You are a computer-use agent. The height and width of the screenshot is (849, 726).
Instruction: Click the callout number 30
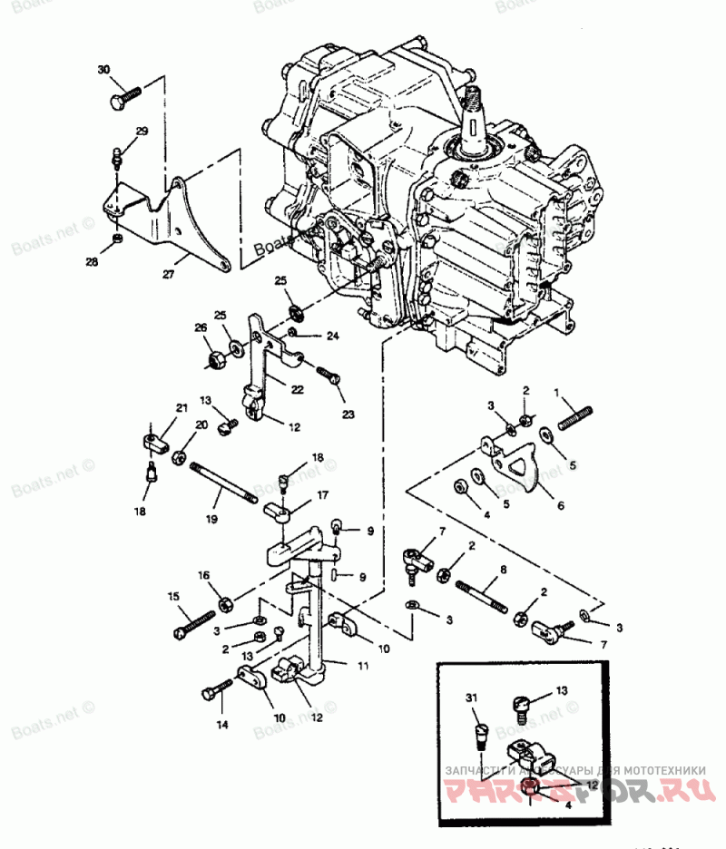pyautogui.click(x=103, y=70)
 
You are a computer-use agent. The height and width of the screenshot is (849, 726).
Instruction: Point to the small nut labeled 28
pyautogui.click(x=118, y=238)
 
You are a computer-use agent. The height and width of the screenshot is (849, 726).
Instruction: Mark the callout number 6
pyautogui.click(x=559, y=506)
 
